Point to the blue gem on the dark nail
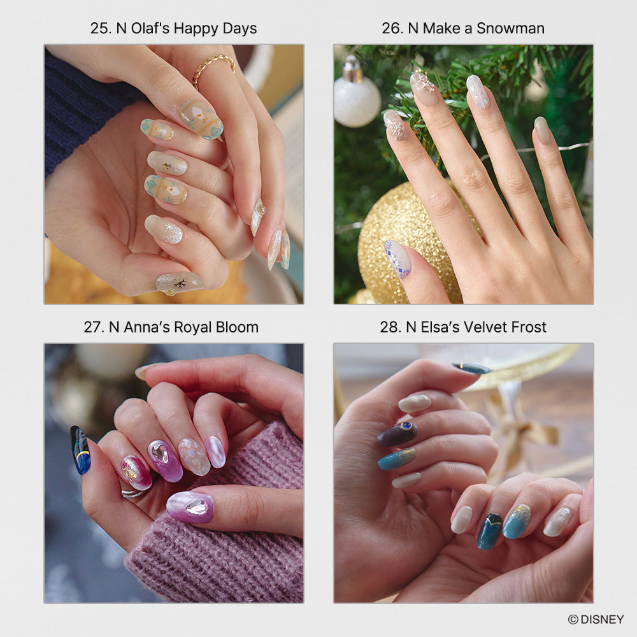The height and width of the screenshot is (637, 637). pyautogui.click(x=406, y=426)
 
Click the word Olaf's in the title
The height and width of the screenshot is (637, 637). pyautogui.click(x=150, y=29)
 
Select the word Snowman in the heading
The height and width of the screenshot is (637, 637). pyautogui.click(x=510, y=29)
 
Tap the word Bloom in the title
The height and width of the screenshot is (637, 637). pyautogui.click(x=237, y=327)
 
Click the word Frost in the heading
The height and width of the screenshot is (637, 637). pyautogui.click(x=528, y=327)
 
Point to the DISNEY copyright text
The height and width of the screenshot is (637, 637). pyautogui.click(x=596, y=619)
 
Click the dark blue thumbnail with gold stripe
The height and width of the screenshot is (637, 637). pyautogui.click(x=80, y=450)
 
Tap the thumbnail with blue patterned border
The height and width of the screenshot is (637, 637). pyautogui.click(x=397, y=259)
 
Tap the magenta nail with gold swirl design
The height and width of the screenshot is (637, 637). pyautogui.click(x=136, y=472)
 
